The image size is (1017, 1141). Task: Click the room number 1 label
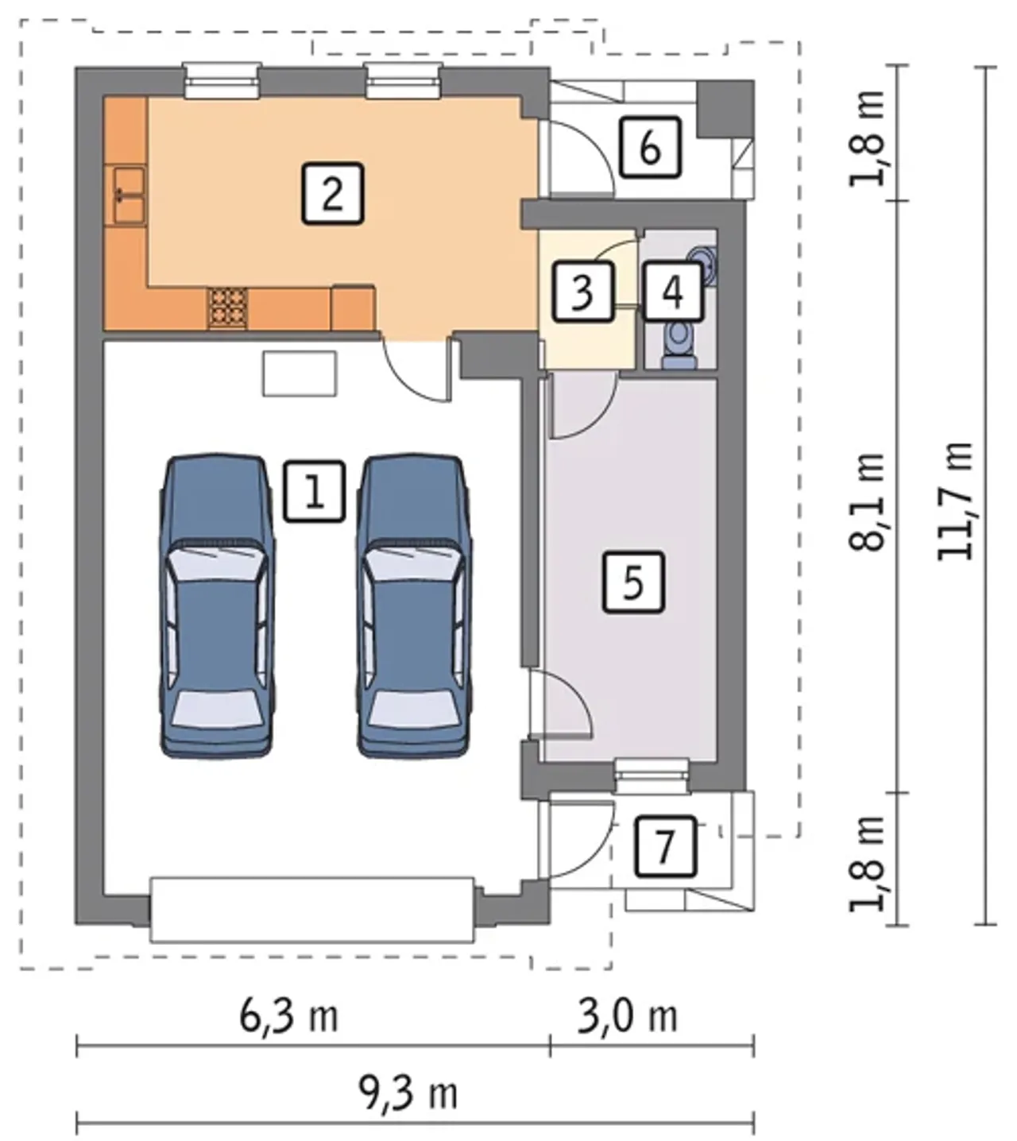coord(314,492)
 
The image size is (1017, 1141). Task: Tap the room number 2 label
coord(332,194)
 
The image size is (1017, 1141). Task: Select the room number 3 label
coord(583,292)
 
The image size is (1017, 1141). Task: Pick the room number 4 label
coord(673,292)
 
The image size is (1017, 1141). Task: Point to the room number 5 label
coord(633,582)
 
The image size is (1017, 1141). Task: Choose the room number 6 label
coord(651,148)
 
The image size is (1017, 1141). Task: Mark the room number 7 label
coord(666,846)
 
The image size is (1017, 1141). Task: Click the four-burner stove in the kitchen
coord(227,307)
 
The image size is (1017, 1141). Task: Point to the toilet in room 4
coord(679,344)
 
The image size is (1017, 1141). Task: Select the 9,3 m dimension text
coord(409,1093)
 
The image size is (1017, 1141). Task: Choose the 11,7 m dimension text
coord(956,502)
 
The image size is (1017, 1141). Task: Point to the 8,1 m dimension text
coord(867,502)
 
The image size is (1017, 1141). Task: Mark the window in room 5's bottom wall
coord(652,776)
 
